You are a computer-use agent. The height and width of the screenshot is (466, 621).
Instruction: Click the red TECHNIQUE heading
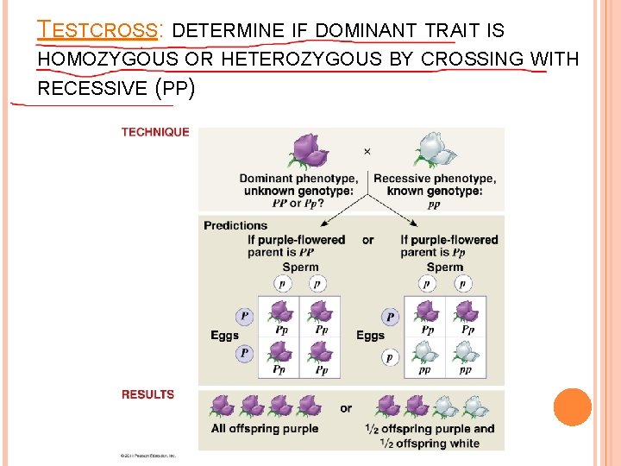click(x=155, y=132)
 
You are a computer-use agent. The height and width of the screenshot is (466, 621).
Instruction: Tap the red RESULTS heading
click(x=147, y=394)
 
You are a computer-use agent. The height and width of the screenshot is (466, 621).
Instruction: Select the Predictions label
click(x=235, y=225)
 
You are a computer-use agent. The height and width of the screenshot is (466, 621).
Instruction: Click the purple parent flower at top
click(x=309, y=151)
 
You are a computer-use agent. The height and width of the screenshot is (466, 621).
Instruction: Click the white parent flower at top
click(x=434, y=150)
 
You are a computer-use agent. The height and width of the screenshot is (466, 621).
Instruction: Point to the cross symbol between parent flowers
click(x=367, y=151)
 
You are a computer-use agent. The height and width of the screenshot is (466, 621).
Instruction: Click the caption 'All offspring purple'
click(x=265, y=429)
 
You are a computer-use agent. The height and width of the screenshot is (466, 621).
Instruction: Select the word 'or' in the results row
click(x=346, y=408)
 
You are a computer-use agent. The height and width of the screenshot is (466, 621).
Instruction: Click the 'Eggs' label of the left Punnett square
click(x=224, y=336)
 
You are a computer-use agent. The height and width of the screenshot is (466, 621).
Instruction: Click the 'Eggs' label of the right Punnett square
click(x=371, y=336)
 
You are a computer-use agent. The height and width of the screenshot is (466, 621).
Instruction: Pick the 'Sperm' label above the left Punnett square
click(x=300, y=268)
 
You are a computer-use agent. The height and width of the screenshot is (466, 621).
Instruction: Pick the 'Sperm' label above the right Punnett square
click(x=445, y=268)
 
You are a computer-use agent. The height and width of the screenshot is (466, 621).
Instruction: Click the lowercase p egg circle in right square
click(x=391, y=356)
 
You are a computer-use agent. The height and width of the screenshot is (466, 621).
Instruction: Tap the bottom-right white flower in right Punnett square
click(x=466, y=352)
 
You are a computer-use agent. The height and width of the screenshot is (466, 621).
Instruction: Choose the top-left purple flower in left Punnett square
click(x=281, y=312)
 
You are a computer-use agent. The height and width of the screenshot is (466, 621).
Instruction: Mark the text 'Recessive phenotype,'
click(x=435, y=179)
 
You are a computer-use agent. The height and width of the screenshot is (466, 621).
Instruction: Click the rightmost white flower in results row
click(x=474, y=406)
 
